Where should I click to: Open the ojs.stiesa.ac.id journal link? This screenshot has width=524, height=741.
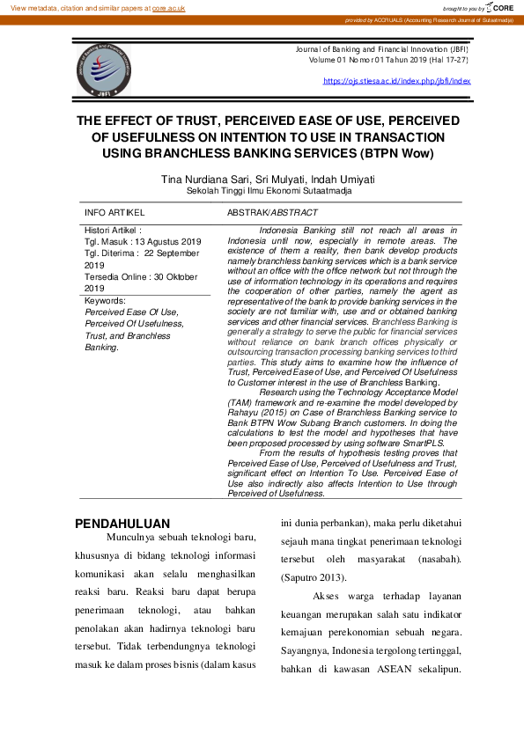click(396, 81)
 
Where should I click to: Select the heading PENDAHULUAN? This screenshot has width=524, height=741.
click(122, 524)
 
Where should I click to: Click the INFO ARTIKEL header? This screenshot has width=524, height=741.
click(114, 213)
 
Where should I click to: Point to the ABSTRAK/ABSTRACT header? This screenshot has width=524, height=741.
click(272, 213)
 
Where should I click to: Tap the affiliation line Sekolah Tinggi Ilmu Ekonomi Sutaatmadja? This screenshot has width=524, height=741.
click(269, 190)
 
